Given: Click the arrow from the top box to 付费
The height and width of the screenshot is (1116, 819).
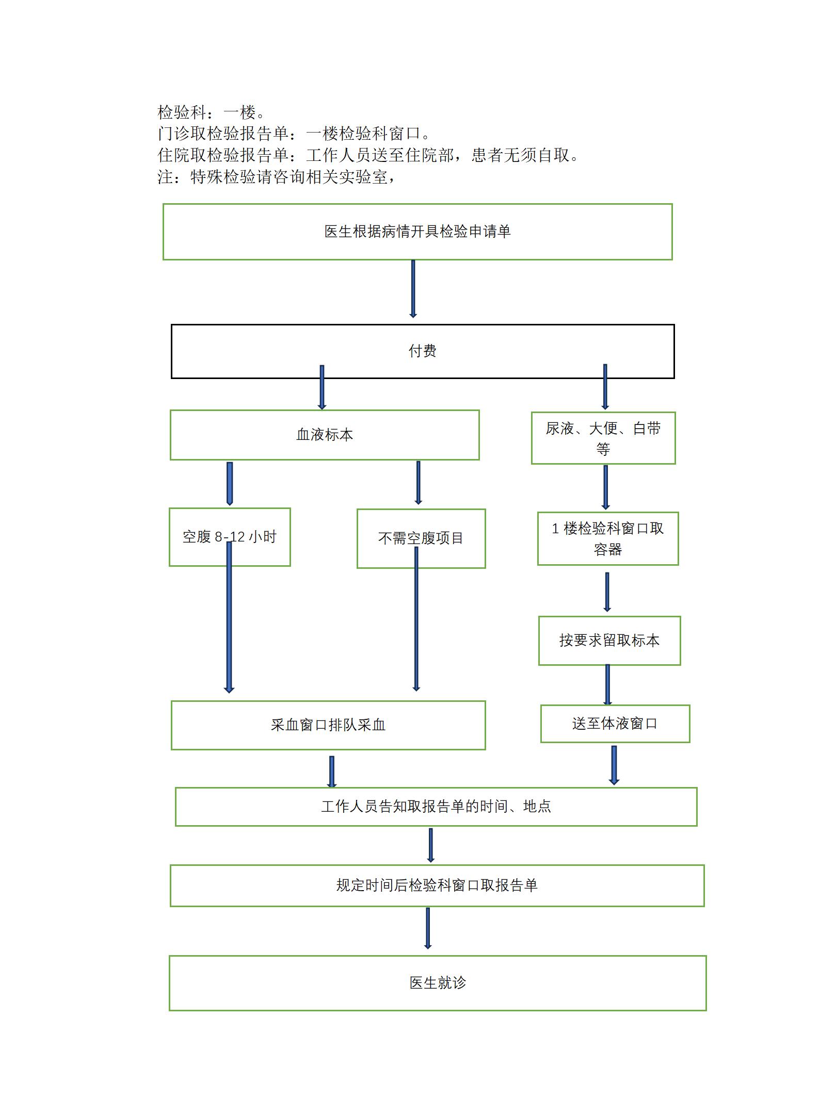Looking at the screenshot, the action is pos(413,289).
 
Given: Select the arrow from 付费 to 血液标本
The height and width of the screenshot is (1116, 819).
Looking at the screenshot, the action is pos(322,387).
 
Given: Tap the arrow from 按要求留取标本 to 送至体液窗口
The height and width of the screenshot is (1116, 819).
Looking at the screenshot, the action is pos(607,685).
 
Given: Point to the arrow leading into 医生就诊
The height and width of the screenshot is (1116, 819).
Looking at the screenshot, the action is pos(428,928).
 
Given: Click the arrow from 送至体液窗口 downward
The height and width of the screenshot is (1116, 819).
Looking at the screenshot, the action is pos(614,765).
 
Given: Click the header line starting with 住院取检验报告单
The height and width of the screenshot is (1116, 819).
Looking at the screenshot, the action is pos(368,155).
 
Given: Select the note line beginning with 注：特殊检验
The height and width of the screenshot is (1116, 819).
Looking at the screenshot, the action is pos(277,177).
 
